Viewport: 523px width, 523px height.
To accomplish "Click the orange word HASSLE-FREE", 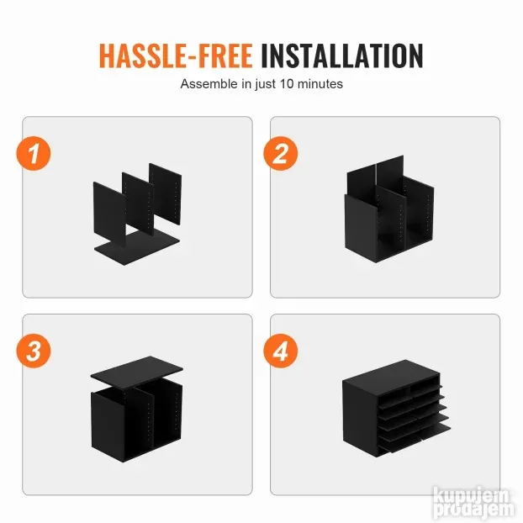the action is tap(176, 55).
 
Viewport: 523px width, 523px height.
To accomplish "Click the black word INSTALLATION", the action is tap(342, 55).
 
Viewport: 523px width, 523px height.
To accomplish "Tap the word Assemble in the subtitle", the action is tap(209, 84).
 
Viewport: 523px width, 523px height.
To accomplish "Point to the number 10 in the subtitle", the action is tap(287, 84).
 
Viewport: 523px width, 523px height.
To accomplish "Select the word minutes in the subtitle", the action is tap(320, 84).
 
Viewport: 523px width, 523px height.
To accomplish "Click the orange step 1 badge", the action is tap(34, 153).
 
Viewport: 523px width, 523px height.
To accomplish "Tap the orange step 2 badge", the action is tap(281, 153).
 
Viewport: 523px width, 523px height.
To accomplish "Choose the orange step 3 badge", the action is tap(34, 351).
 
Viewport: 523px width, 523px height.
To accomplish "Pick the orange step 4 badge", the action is tap(281, 351).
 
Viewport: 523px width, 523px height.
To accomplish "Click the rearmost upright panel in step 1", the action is tap(166, 193).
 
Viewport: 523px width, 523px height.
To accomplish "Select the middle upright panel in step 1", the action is tap(138, 203).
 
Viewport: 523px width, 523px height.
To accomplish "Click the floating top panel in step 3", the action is tap(137, 372).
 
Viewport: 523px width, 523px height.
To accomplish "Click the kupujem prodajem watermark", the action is tap(474, 505).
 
